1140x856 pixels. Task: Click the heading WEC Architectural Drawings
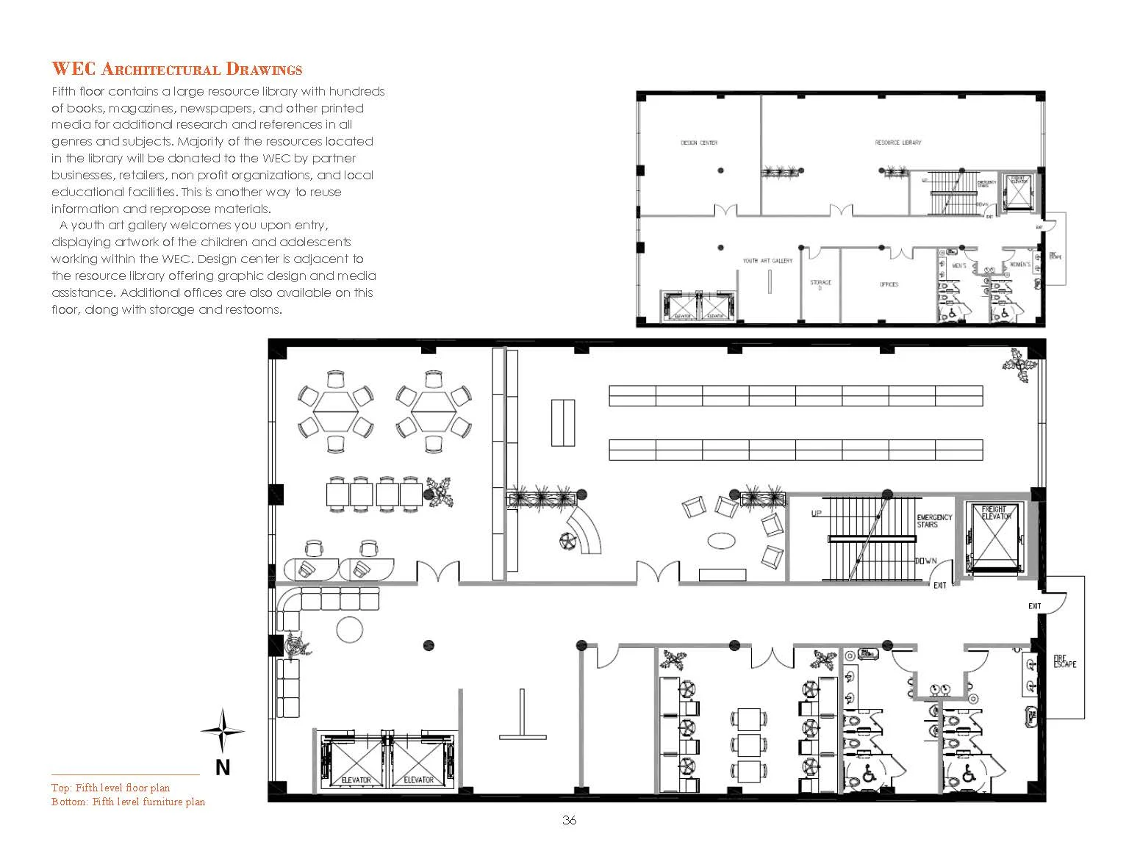pos(176,70)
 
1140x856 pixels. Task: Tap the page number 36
pos(569,821)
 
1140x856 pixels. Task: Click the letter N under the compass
pos(223,768)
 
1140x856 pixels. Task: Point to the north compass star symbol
pos(223,730)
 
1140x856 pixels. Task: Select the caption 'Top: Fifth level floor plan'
pos(110,788)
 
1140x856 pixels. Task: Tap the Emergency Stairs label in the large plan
pos(934,521)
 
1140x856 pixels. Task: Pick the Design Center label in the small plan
pos(698,143)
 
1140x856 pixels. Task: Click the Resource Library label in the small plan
pos(897,143)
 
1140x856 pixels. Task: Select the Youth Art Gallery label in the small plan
pos(767,261)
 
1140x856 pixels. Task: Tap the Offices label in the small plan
pos(889,284)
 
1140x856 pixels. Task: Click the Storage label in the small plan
pos(820,283)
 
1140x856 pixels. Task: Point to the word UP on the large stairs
pos(816,513)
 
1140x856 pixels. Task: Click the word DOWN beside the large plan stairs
pos(925,561)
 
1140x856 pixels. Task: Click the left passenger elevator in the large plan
pos(356,763)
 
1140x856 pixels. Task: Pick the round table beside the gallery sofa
pos(349,628)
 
